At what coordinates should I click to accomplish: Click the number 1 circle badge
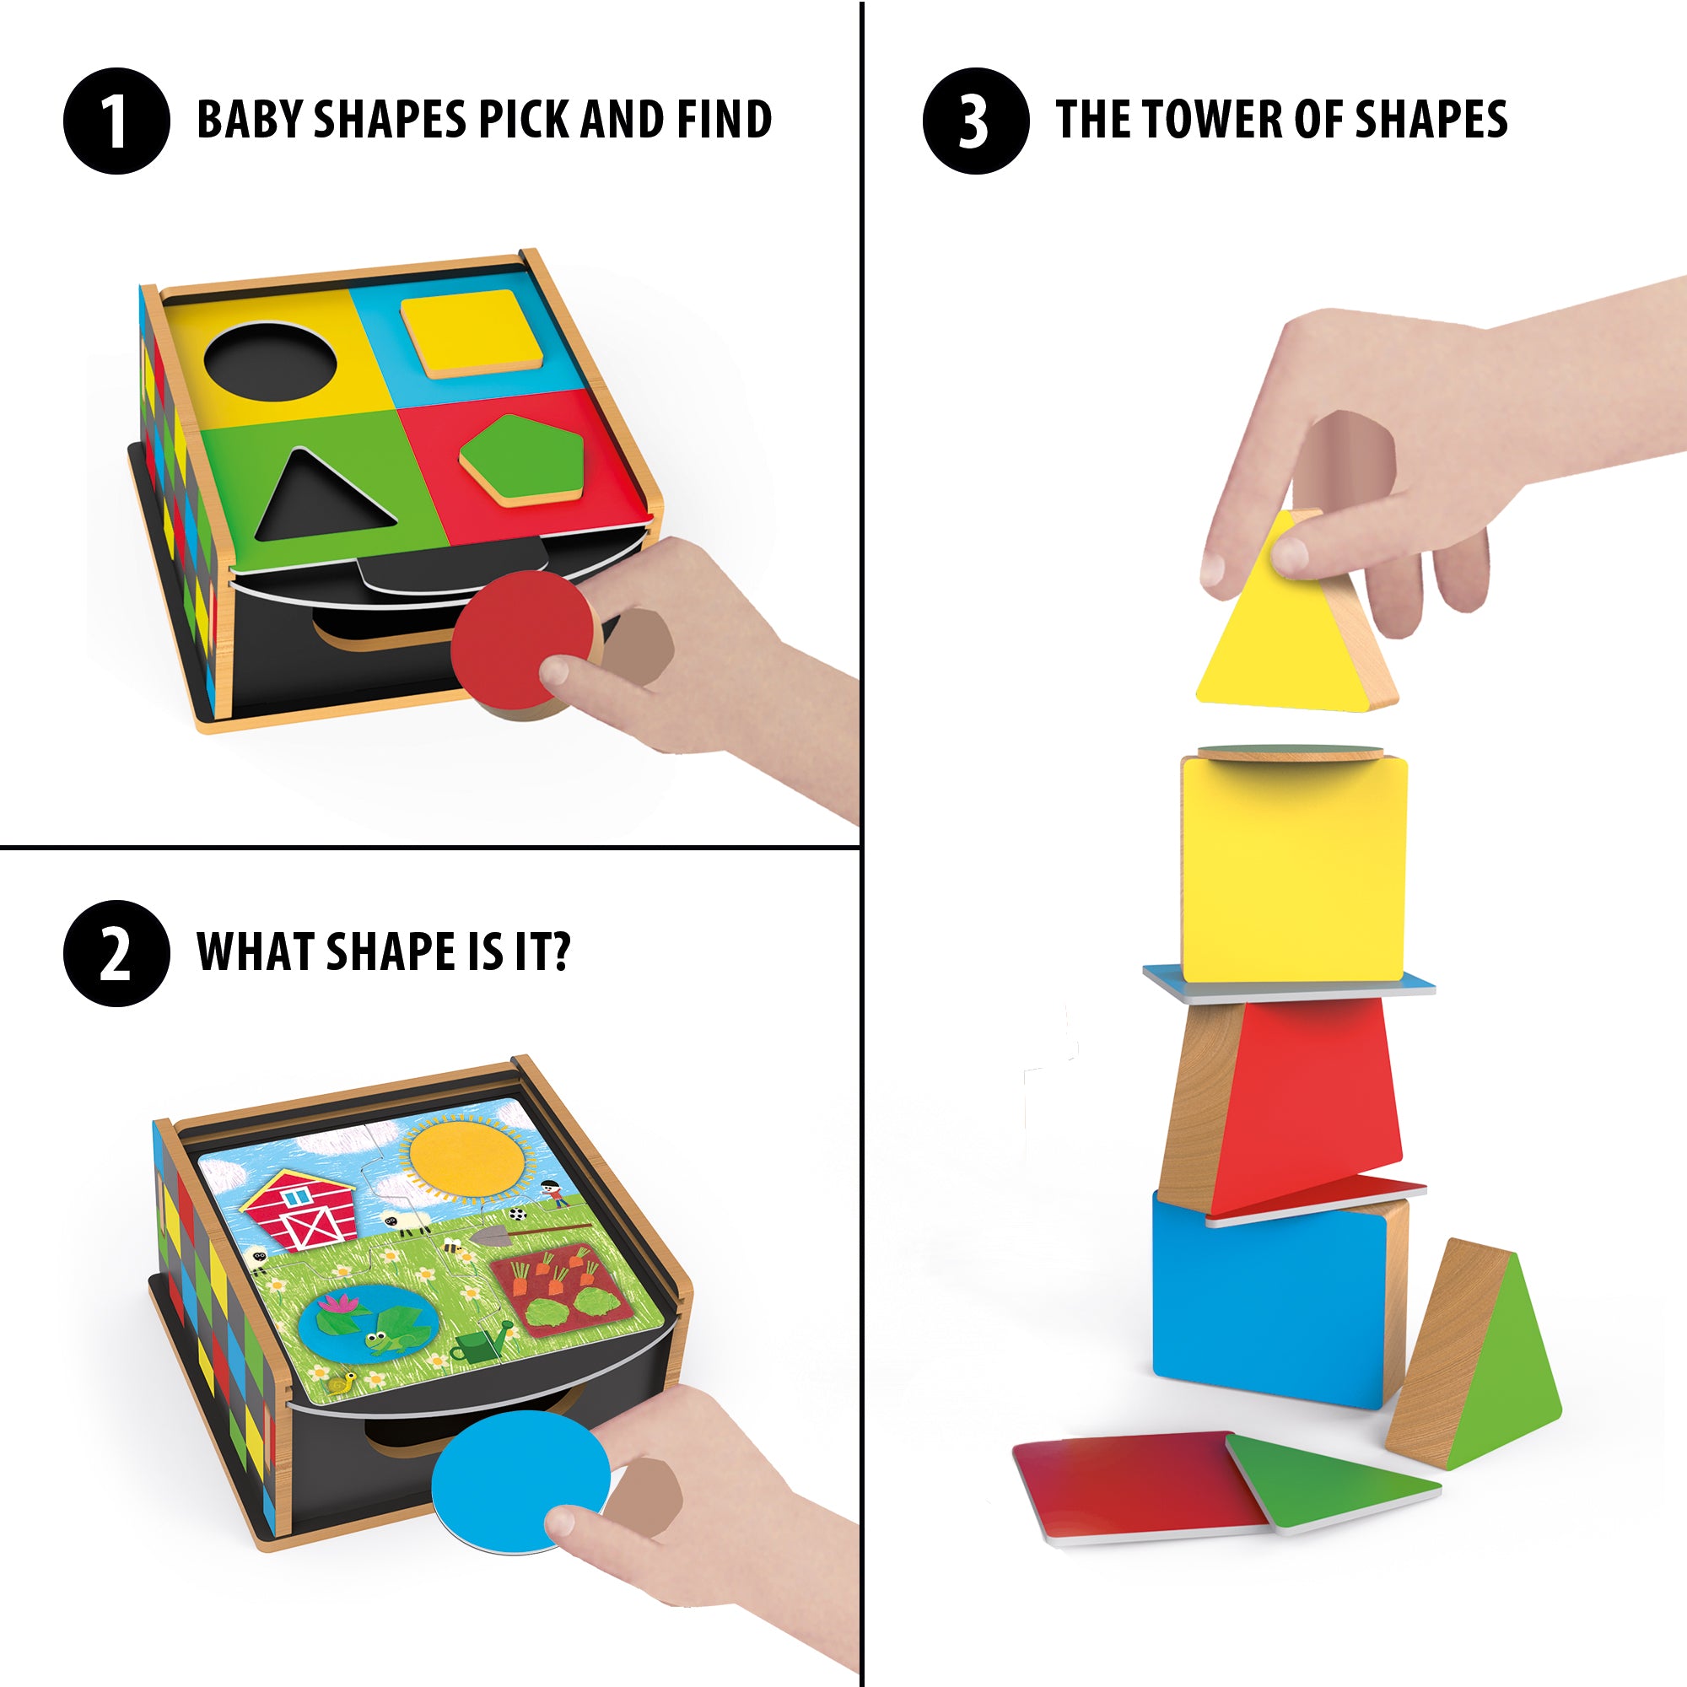click(116, 121)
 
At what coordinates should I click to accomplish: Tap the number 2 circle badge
click(116, 952)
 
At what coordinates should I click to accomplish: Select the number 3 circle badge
click(975, 121)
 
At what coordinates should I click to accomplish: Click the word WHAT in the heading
click(254, 951)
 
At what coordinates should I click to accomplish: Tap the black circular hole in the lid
click(270, 360)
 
